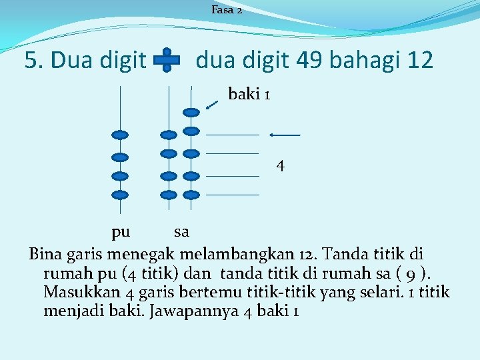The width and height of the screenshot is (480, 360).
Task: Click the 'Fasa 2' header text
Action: click(x=227, y=10)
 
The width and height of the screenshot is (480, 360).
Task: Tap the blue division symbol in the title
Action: click(x=167, y=60)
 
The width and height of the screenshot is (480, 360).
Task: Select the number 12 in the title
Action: click(x=419, y=61)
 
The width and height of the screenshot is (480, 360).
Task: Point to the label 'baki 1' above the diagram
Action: click(x=249, y=95)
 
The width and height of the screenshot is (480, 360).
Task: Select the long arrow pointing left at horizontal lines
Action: click(x=285, y=135)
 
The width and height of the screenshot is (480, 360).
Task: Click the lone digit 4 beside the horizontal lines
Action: click(x=281, y=165)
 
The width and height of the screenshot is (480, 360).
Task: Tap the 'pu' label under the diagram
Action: click(x=121, y=232)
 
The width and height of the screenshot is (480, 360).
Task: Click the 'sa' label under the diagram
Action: click(x=181, y=232)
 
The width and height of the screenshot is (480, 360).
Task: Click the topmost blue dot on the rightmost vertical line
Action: click(x=191, y=112)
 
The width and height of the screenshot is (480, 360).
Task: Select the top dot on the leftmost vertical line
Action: click(x=120, y=135)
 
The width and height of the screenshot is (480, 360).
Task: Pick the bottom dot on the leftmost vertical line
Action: click(x=120, y=195)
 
